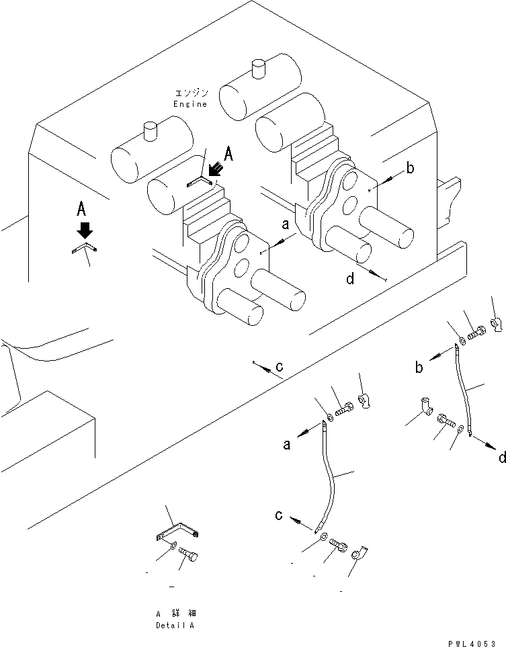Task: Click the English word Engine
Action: (x=190, y=104)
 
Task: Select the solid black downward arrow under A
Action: (x=83, y=230)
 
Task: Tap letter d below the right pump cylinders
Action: (x=350, y=278)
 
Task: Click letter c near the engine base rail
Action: (x=279, y=367)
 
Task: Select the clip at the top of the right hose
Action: (x=497, y=325)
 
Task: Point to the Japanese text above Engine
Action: (x=190, y=93)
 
